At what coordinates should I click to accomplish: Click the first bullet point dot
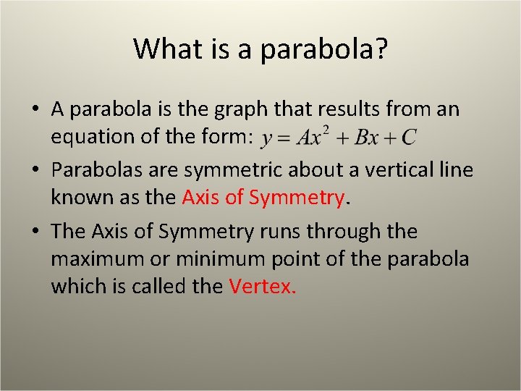point(35,110)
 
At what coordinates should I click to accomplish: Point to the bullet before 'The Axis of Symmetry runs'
point(35,232)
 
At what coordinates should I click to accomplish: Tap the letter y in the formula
point(267,138)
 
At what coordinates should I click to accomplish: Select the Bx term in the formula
point(368,137)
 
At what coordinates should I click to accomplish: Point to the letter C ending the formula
point(409,137)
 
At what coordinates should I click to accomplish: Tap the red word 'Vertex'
point(262,287)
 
